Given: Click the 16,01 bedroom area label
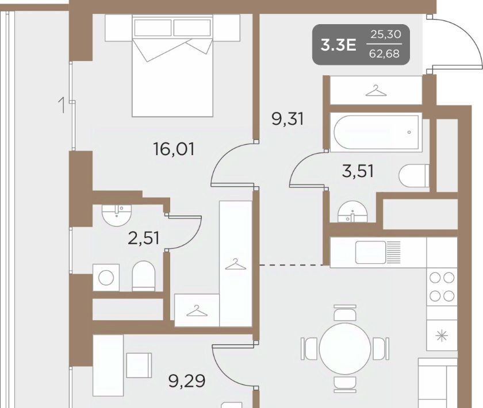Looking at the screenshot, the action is (x=174, y=149).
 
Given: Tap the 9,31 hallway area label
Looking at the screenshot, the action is (x=287, y=119).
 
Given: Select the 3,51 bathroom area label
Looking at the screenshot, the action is (x=358, y=171).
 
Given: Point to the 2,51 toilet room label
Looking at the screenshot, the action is (x=144, y=238).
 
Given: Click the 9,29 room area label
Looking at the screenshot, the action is (x=187, y=381).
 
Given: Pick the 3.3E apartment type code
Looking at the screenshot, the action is (x=338, y=45).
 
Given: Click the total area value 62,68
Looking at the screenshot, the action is (x=385, y=54).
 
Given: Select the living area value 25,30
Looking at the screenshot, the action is (x=386, y=34).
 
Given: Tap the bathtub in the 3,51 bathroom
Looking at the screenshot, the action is (x=377, y=133).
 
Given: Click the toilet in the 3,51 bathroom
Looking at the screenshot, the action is (x=413, y=175).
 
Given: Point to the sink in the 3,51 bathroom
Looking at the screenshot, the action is (x=352, y=211).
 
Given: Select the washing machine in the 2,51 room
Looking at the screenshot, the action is (x=106, y=278).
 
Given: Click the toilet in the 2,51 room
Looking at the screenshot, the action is (x=143, y=276).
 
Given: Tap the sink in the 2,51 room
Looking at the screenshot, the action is (x=117, y=215).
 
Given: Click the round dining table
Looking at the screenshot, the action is (x=345, y=348).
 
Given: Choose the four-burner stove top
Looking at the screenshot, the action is (x=442, y=287).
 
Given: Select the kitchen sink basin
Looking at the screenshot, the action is (x=370, y=252).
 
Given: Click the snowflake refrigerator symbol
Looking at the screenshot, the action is (x=442, y=336).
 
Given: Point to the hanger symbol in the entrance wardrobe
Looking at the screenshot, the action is (x=376, y=91).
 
